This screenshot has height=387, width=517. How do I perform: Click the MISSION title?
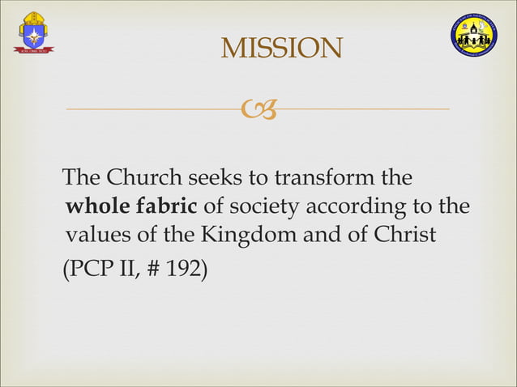[281, 49]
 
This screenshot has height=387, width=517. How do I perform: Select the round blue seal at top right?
[474, 36]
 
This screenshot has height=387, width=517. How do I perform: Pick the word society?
[267, 206]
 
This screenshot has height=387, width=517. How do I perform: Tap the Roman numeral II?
[126, 264]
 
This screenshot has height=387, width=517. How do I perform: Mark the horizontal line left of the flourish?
[153, 108]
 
